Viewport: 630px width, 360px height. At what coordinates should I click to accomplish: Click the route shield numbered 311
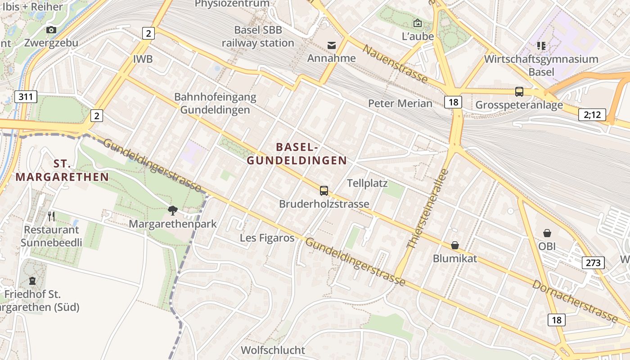click(26, 96)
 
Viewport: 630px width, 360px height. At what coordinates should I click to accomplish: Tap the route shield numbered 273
click(593, 262)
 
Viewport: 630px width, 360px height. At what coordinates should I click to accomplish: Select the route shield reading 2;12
click(592, 115)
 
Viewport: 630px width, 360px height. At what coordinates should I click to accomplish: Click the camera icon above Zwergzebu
click(51, 30)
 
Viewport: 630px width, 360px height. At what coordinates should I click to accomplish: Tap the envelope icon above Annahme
click(332, 45)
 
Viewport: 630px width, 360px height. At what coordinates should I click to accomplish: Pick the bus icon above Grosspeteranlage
click(519, 92)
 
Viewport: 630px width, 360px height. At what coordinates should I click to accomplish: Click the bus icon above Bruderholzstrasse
click(324, 190)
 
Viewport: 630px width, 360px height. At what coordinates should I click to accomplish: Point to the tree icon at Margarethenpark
click(172, 210)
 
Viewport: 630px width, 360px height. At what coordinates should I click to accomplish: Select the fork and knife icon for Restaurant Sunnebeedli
click(51, 216)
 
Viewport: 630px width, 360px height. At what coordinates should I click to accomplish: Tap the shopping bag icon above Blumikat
click(455, 245)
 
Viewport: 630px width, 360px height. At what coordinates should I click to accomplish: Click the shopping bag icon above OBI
click(547, 233)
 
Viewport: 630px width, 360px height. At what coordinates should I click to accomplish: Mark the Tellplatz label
click(367, 183)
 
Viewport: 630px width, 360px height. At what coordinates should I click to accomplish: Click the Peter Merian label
click(400, 103)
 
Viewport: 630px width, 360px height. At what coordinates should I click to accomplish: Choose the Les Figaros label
click(267, 238)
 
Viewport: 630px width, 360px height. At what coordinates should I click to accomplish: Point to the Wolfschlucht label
click(273, 350)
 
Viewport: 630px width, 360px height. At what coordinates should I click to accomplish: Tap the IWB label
click(143, 59)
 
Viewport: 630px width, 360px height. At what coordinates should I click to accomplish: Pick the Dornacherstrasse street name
click(575, 301)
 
